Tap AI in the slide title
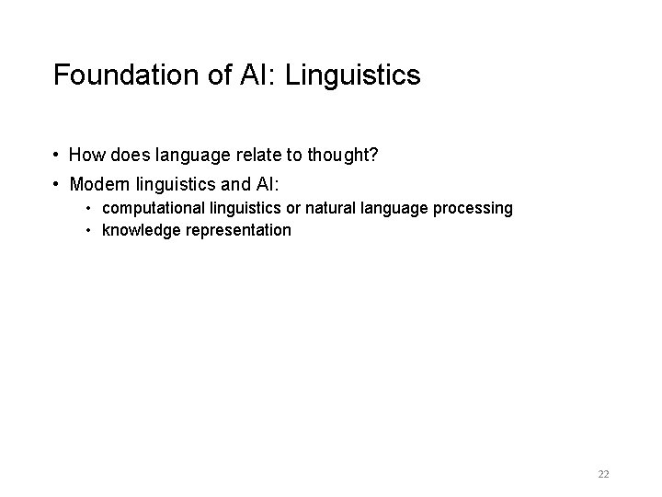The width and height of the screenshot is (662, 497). click(256, 75)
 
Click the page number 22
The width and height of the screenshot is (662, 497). click(603, 474)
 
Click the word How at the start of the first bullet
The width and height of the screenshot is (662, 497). click(86, 156)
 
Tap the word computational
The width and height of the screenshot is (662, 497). click(148, 208)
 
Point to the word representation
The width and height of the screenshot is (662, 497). click(235, 230)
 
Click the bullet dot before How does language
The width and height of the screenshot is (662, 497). click(57, 156)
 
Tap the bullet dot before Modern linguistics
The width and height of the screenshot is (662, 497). click(57, 185)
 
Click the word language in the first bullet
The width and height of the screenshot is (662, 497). click(192, 156)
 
